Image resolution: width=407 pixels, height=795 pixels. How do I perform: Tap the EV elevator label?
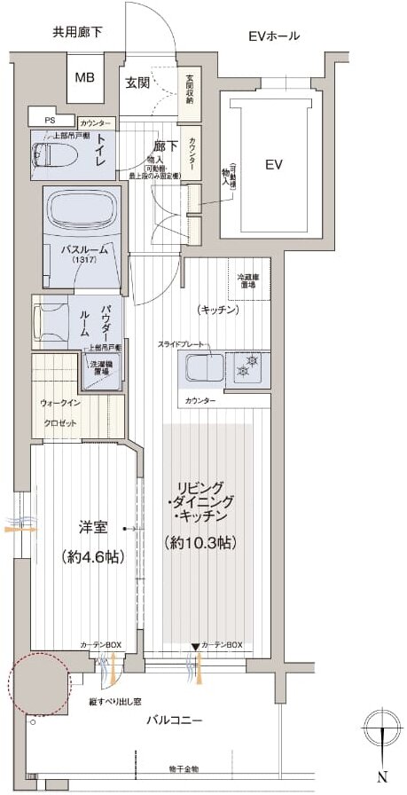point(274,164)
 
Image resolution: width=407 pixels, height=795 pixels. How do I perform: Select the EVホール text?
point(273,36)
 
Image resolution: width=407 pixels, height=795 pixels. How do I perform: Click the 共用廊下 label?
point(77,33)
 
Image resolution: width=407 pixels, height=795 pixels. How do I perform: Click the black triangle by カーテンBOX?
point(195,647)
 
